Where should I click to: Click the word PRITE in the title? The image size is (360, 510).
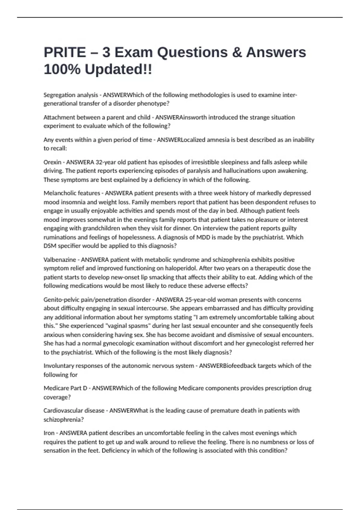pyautogui.click(x=65, y=52)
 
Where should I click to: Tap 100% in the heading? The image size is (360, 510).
pyautogui.click(x=62, y=70)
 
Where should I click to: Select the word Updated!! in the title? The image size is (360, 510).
pyautogui.click(x=118, y=70)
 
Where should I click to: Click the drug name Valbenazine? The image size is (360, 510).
pyautogui.click(x=60, y=260)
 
